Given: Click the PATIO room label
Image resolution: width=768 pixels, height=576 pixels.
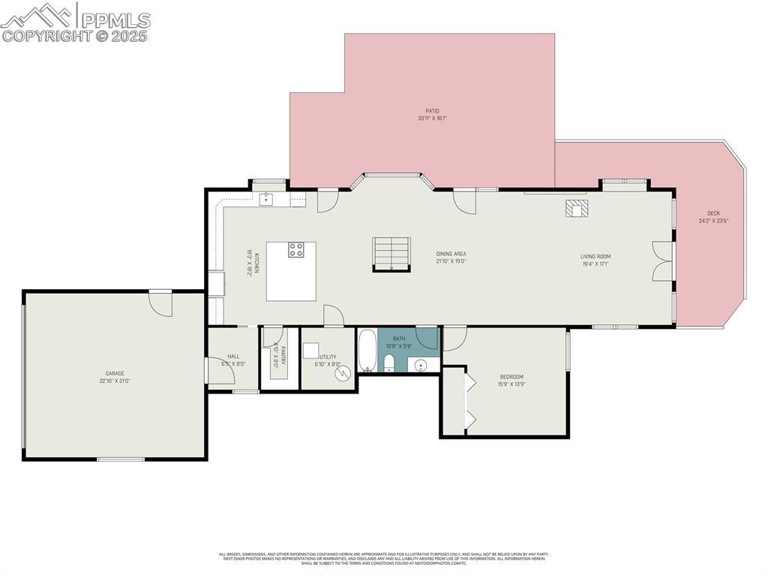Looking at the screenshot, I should [x=427, y=111].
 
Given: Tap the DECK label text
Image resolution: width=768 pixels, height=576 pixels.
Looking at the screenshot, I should [x=713, y=213].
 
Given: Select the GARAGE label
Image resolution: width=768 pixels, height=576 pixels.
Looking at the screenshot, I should [x=114, y=373].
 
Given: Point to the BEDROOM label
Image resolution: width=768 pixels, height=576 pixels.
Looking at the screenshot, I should [x=511, y=377].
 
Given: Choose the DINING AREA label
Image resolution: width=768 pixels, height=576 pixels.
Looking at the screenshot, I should [x=451, y=254].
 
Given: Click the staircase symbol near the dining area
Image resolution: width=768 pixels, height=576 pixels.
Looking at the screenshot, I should [x=391, y=253].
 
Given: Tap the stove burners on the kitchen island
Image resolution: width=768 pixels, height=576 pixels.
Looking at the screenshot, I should [x=296, y=250].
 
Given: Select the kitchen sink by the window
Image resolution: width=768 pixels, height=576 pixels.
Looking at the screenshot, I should [x=266, y=199].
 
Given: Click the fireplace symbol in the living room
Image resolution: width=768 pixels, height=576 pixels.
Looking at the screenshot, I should [x=577, y=209].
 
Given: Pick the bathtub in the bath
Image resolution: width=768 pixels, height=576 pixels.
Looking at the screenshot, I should [x=367, y=350].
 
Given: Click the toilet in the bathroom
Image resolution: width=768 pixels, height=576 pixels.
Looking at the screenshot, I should [x=388, y=364].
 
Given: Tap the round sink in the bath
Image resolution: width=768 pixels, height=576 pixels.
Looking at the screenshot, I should [x=421, y=366].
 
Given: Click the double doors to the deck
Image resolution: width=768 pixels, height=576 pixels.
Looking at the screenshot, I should [x=661, y=261].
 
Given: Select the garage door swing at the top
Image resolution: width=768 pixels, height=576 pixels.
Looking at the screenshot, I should [x=160, y=303].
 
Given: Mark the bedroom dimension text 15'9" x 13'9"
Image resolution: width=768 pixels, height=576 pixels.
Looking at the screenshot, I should [x=511, y=385].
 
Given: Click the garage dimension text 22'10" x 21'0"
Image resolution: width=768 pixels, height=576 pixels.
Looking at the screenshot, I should [x=114, y=381].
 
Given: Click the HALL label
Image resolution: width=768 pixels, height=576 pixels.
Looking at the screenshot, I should [x=233, y=357].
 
